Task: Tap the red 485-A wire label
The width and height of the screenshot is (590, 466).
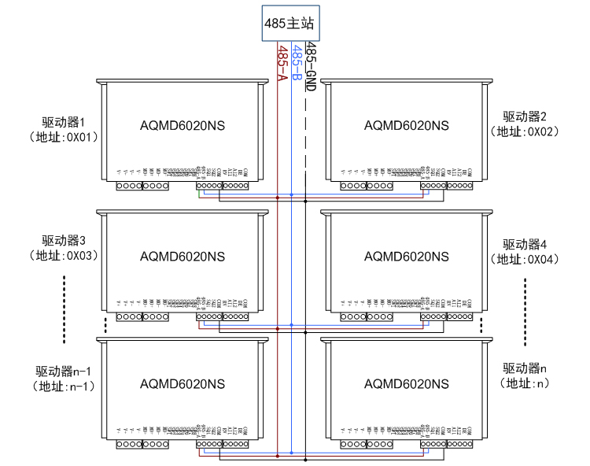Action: point(281,62)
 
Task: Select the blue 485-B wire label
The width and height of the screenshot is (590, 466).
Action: point(296,64)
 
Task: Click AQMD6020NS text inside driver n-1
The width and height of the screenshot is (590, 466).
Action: point(183,383)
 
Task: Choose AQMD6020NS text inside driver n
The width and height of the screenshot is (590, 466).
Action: point(407,383)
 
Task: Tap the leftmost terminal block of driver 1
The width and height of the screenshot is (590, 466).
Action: point(128,187)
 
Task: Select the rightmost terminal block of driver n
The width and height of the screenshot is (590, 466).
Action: point(459,445)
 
